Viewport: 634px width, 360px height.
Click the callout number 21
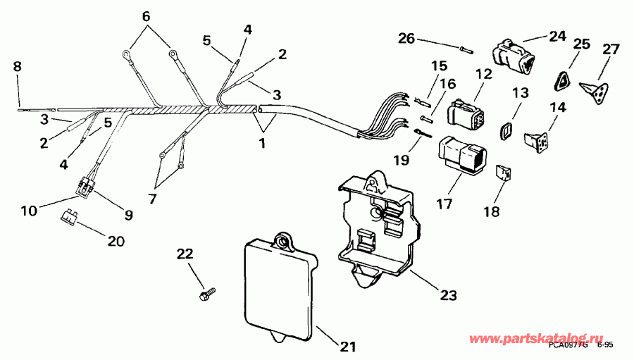[x=348, y=347]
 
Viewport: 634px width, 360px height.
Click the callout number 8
[x=18, y=67]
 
